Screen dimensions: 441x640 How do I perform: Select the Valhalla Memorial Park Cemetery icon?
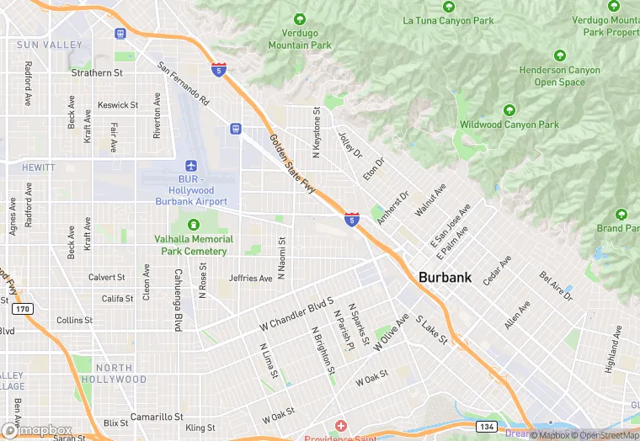(x=194, y=225)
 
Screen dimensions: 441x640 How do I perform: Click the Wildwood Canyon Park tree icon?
(x=509, y=110)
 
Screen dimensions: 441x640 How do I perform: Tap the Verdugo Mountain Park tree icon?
(x=299, y=19)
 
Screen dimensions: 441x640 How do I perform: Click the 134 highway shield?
(x=486, y=427)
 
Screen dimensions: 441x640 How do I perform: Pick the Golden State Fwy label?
(x=293, y=164)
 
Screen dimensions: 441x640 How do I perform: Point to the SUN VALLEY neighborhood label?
(x=50, y=45)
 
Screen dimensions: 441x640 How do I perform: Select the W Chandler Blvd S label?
(x=296, y=311)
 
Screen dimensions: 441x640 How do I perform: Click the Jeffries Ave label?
(x=251, y=279)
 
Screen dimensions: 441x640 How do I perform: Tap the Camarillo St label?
(x=157, y=417)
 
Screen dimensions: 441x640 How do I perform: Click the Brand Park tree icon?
(x=621, y=215)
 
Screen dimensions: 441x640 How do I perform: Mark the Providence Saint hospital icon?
(x=340, y=427)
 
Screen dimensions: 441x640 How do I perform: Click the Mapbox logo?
(x=37, y=430)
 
